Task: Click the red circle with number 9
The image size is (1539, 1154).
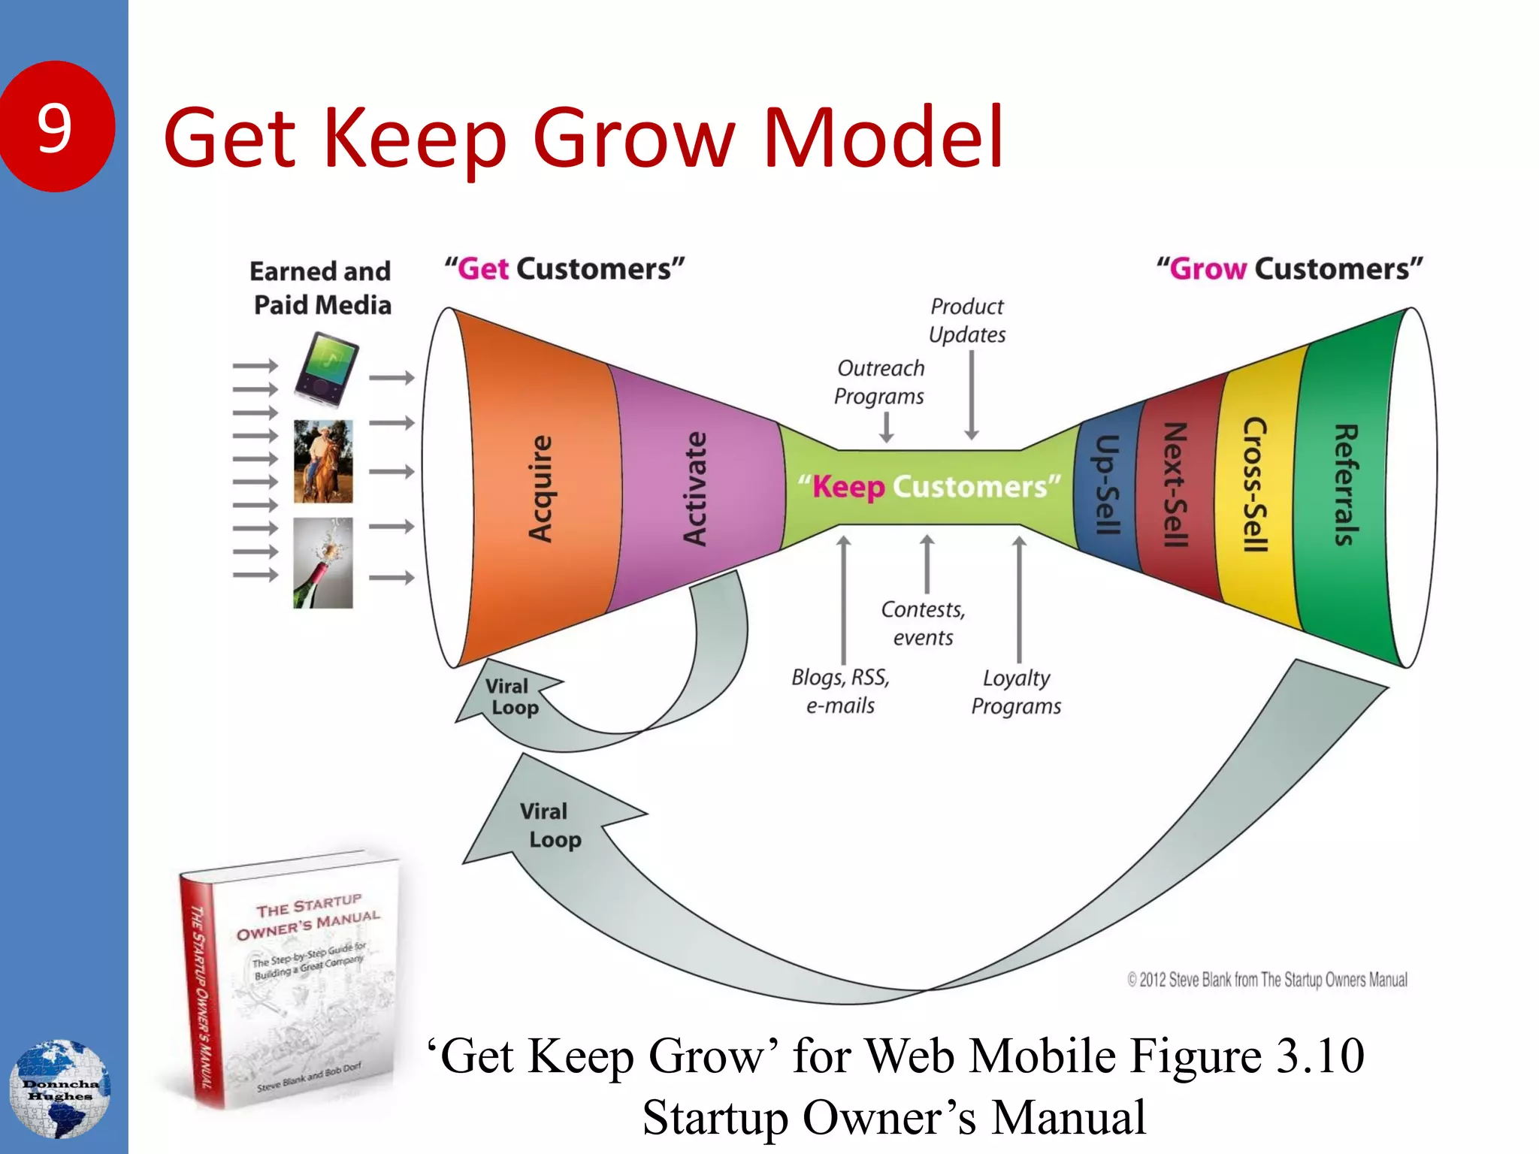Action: click(x=56, y=126)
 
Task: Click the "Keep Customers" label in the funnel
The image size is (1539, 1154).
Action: click(x=929, y=487)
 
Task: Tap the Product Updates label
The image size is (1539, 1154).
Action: click(x=967, y=321)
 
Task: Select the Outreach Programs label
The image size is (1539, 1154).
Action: click(x=880, y=382)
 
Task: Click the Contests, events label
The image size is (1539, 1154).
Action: click(x=924, y=624)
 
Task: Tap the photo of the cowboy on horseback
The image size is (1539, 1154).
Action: click(x=323, y=461)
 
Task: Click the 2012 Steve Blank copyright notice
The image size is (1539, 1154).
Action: click(x=1267, y=980)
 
